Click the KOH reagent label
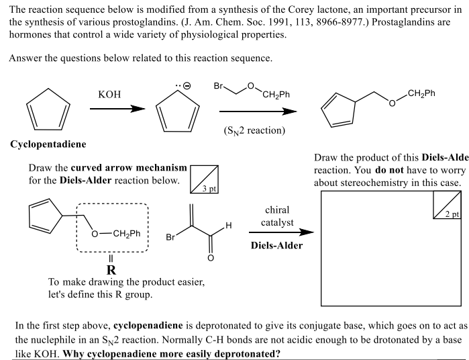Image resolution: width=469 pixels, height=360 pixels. tap(109, 95)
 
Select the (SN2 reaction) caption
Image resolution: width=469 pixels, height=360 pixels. tap(252, 130)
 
